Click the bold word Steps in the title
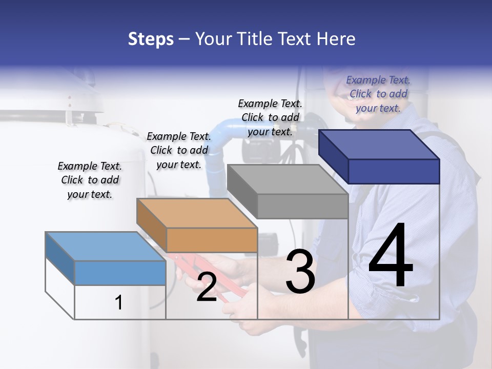click(x=151, y=39)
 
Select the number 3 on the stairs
click(x=300, y=272)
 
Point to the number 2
click(x=207, y=288)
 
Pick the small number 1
click(x=119, y=302)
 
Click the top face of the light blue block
click(x=105, y=247)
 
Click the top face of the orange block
click(x=196, y=213)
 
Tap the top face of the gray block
click(x=287, y=179)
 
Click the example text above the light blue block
click(x=90, y=180)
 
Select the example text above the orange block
click(x=179, y=150)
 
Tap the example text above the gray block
click(x=270, y=117)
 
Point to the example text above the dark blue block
click(x=378, y=94)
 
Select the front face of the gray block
click(x=302, y=207)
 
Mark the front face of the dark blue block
click(x=394, y=171)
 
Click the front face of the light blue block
click(x=120, y=273)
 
